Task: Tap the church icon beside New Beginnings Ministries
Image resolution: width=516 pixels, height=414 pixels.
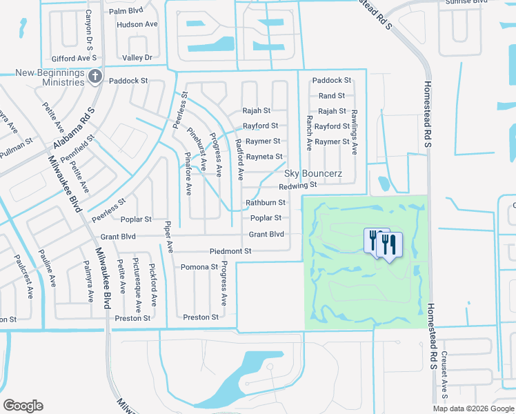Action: click(x=95, y=77)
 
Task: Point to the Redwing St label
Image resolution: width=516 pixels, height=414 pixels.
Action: click(x=297, y=185)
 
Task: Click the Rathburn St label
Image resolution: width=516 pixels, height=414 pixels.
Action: click(x=266, y=203)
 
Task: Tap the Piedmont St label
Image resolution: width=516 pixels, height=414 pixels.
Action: click(x=230, y=251)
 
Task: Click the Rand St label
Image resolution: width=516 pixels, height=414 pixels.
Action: click(x=332, y=96)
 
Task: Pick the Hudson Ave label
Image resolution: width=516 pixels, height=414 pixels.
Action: click(x=137, y=24)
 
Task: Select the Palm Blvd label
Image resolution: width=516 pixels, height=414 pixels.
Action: click(x=126, y=12)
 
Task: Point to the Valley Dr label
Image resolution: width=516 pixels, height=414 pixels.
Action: click(x=137, y=57)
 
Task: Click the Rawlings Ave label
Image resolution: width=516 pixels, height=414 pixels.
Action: click(x=355, y=131)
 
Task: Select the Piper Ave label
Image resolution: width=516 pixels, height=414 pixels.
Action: click(x=167, y=236)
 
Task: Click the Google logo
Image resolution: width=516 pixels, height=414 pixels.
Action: click(x=23, y=406)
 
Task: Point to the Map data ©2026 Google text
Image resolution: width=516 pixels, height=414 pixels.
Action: click(x=473, y=408)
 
